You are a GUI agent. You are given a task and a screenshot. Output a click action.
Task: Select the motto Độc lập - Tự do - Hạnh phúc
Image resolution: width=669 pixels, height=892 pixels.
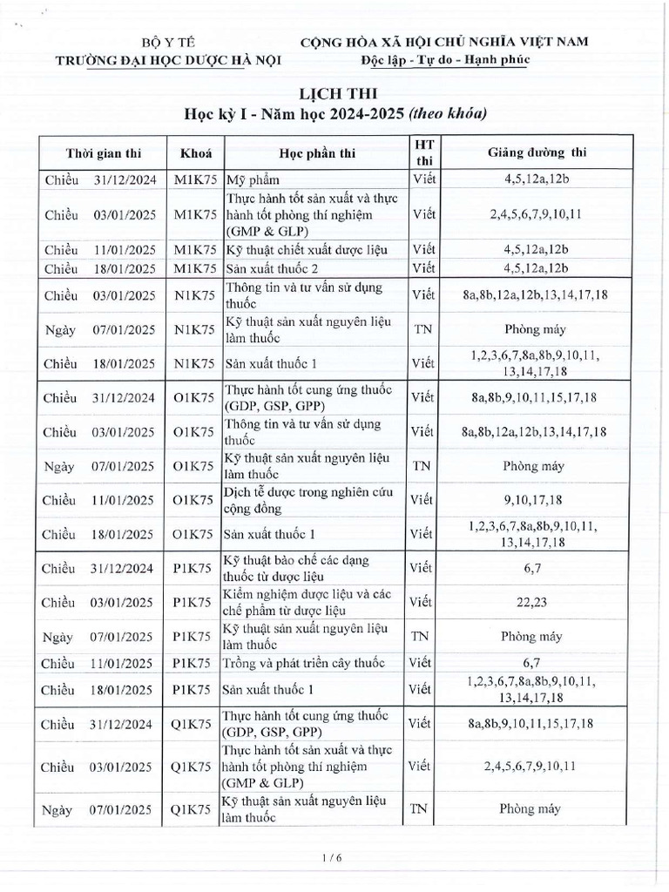445,59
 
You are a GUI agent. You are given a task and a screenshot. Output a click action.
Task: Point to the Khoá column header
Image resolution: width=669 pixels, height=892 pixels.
195,153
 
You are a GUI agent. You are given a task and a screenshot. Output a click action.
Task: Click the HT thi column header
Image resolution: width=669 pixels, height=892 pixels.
423,152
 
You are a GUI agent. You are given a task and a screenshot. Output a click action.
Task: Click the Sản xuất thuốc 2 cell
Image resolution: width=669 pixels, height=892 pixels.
267,267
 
